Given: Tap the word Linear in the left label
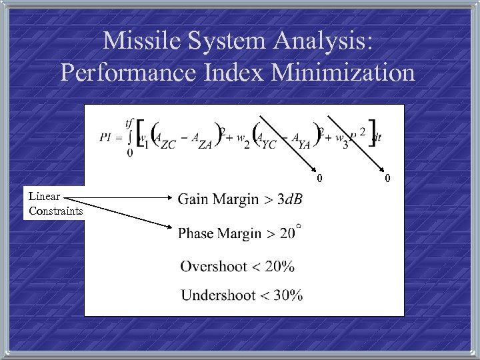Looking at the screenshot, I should pyautogui.click(x=45, y=197).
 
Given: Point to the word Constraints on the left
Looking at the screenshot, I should pyautogui.click(x=56, y=211).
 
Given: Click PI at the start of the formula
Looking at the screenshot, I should pyautogui.click(x=105, y=137).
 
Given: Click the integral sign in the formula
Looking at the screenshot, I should pyautogui.click(x=129, y=138).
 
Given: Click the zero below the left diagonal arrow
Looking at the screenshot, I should pyautogui.click(x=319, y=178).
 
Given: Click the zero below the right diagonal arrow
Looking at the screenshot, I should pyautogui.click(x=387, y=178).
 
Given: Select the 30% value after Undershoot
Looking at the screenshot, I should pyautogui.click(x=288, y=294).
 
